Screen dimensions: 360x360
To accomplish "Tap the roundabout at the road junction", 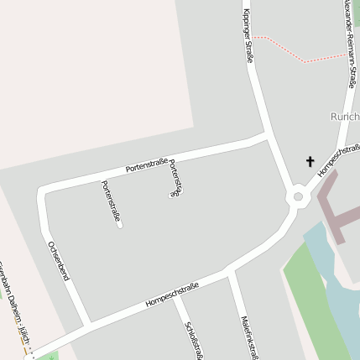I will coord(297,198).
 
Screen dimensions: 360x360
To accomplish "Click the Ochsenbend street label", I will coord(58,259).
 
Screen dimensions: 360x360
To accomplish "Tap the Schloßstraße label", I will coord(193,337).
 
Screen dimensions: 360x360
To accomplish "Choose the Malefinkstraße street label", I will coord(247,336).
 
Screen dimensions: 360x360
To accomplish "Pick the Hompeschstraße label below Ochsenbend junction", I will coord(171,295).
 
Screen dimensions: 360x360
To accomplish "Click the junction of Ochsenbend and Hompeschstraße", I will coord(86,325).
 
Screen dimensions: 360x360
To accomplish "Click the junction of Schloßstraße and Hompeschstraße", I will coord(175,293).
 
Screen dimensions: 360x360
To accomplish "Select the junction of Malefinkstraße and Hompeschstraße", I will coord(229,271).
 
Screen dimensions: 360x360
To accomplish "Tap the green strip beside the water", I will coord(315,302).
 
